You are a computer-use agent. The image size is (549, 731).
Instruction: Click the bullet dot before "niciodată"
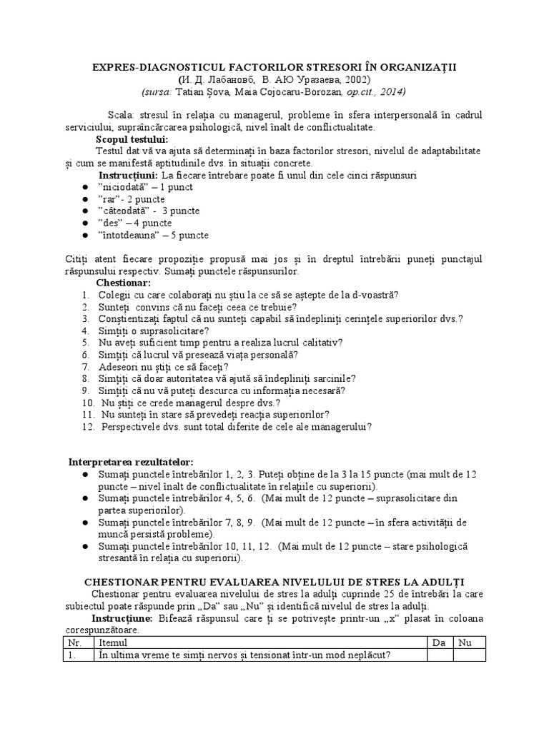click(86, 187)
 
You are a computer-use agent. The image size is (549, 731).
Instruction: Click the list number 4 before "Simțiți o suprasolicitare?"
click(84, 331)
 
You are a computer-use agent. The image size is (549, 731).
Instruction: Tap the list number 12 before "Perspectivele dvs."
click(87, 427)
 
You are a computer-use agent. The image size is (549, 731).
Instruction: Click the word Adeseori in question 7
click(119, 367)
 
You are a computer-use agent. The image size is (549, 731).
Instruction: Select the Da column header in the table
click(439, 643)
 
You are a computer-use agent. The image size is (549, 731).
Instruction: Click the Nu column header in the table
click(466, 643)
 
